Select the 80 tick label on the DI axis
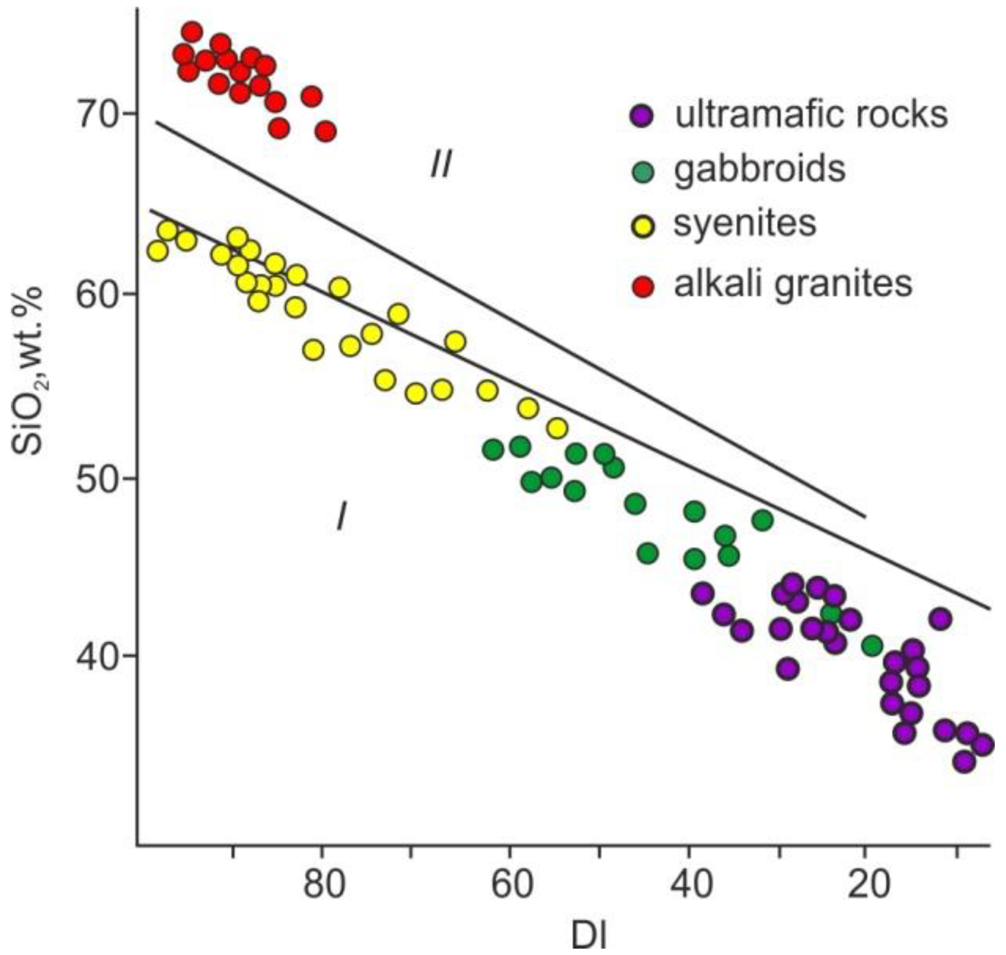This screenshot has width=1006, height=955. click(323, 886)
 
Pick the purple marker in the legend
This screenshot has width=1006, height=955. click(641, 115)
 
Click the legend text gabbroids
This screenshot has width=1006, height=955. click(760, 169)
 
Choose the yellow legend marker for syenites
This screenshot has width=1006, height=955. click(641, 227)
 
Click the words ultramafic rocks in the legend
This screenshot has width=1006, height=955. click(811, 113)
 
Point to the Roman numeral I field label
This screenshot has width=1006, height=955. click(341, 517)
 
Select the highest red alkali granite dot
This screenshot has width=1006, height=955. click(192, 33)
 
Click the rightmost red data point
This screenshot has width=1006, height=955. click(326, 131)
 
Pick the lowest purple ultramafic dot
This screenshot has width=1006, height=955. click(964, 761)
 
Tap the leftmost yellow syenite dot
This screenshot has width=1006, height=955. click(157, 251)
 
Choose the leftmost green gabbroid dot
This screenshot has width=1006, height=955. click(493, 449)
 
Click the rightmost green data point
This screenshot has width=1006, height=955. click(872, 646)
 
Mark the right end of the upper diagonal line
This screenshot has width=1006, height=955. click(865, 517)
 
